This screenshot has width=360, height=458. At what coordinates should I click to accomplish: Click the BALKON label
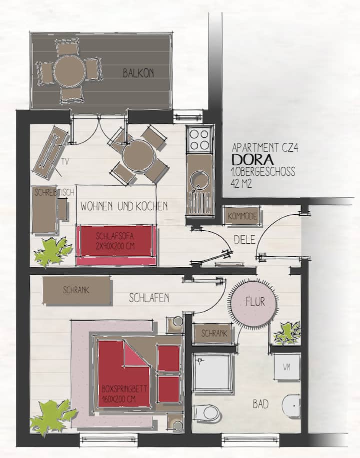(x=138, y=73)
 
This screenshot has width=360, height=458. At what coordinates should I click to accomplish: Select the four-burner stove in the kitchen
(x=199, y=139)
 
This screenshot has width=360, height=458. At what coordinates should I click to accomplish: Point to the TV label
(x=65, y=161)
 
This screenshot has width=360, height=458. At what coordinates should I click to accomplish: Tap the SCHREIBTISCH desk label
(x=54, y=192)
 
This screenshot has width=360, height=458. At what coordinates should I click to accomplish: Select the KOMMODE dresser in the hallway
(x=242, y=216)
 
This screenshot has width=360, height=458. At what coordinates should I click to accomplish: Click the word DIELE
(x=244, y=240)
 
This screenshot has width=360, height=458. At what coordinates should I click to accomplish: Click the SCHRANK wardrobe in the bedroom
(x=77, y=290)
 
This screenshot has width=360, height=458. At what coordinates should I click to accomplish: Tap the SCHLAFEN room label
(x=149, y=298)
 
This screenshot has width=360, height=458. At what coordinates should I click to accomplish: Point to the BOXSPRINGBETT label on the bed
(x=124, y=389)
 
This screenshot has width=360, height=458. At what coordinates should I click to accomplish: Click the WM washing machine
(x=287, y=367)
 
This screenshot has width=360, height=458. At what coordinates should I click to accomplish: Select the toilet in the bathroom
(x=208, y=413)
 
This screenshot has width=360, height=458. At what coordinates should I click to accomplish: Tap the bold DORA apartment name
(x=252, y=159)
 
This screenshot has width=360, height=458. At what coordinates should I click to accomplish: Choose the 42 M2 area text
(x=241, y=184)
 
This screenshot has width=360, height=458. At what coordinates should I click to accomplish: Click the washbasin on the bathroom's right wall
(x=292, y=406)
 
